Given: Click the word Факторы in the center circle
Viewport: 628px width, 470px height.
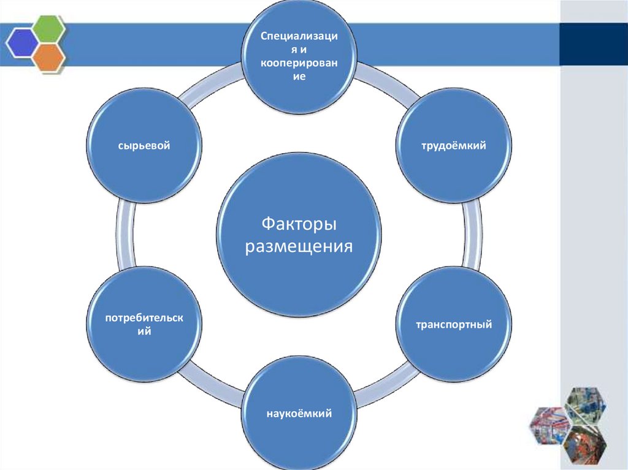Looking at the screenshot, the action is point(299,224).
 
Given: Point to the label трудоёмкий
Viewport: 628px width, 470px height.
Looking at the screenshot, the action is point(453,146).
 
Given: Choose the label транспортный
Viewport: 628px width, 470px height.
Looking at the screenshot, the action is point(454,324).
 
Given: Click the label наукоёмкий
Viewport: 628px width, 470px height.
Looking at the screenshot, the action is point(299,414).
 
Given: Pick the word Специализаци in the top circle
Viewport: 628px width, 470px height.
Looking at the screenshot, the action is point(299,36).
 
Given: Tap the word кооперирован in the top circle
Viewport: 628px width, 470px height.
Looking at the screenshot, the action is point(299,63).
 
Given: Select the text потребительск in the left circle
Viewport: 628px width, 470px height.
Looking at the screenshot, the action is point(145,317).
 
